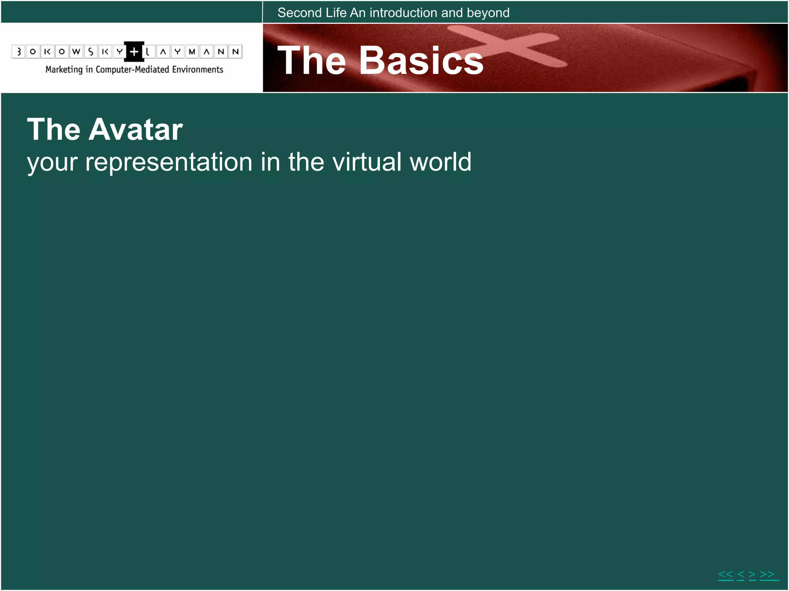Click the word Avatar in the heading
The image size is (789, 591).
(136, 130)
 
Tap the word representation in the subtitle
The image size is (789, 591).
(169, 162)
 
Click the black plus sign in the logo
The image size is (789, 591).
(134, 52)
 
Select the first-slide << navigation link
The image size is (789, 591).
(725, 574)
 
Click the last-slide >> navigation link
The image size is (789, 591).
(767, 574)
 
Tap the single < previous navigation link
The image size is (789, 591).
(740, 574)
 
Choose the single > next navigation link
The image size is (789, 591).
(752, 574)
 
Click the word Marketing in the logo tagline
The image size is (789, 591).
(64, 70)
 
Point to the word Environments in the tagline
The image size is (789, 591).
(197, 70)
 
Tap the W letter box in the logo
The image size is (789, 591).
(76, 52)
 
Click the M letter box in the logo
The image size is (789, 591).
(192, 52)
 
